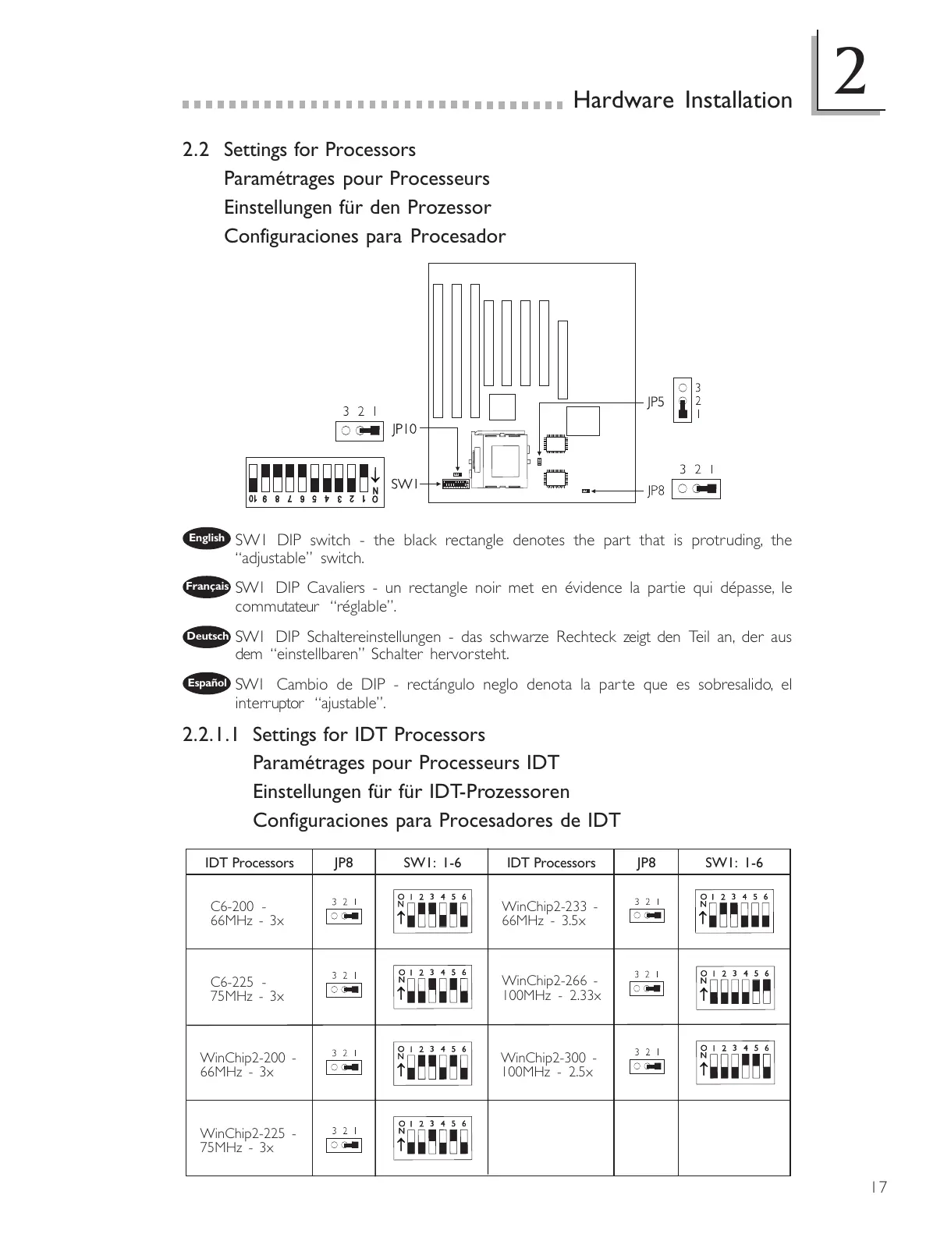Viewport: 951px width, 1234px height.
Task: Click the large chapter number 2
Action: click(x=849, y=72)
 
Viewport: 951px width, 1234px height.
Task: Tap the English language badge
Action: click(x=207, y=537)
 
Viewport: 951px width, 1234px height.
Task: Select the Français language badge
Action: click(x=207, y=587)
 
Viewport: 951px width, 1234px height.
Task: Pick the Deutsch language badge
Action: click(x=207, y=637)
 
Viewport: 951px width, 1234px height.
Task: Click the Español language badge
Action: click(x=207, y=683)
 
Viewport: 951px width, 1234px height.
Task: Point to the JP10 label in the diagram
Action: click(x=404, y=428)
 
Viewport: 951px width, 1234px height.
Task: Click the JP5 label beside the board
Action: click(x=655, y=402)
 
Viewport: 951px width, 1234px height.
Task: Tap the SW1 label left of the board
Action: click(x=404, y=484)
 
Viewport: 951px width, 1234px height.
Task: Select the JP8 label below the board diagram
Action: click(x=656, y=491)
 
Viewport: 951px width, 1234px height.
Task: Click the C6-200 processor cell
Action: click(x=247, y=913)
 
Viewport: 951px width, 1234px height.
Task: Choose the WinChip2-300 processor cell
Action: click(x=548, y=1065)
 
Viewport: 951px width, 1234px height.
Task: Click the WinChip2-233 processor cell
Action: click(x=549, y=913)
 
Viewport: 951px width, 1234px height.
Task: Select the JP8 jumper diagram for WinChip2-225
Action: click(x=344, y=1140)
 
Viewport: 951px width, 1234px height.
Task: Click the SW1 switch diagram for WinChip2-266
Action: click(x=735, y=988)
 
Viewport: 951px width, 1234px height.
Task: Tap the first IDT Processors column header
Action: click(x=249, y=863)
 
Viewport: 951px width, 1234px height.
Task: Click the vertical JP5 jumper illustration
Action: click(x=683, y=401)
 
